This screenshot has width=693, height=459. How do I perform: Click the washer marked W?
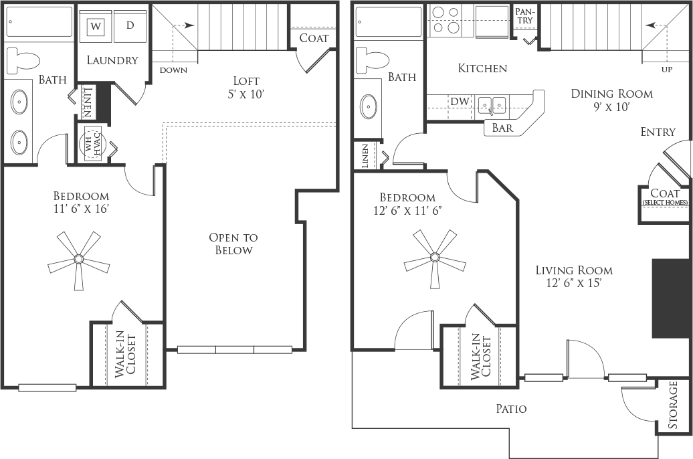pyautogui.click(x=96, y=27)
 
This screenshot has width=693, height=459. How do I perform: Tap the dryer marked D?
pyautogui.click(x=130, y=27)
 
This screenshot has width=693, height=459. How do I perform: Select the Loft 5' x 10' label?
pyautogui.click(x=246, y=87)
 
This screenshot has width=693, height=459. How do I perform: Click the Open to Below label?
pyautogui.click(x=233, y=244)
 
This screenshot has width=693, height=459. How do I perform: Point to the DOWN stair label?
pyautogui.click(x=173, y=70)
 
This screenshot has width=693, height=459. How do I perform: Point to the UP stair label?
pyautogui.click(x=667, y=70)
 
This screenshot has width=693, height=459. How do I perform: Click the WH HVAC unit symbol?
pyautogui.click(x=92, y=145)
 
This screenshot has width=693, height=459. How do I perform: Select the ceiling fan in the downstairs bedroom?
pyautogui.click(x=434, y=256)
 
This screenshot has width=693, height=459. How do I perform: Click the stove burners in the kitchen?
pyautogui.click(x=446, y=20)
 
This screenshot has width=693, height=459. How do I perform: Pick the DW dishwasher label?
pyautogui.click(x=460, y=101)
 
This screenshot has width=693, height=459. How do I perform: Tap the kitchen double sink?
pyautogui.click(x=492, y=105)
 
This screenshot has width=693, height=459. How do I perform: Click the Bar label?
pyautogui.click(x=502, y=128)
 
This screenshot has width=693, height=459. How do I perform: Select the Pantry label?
pyautogui.click(x=525, y=15)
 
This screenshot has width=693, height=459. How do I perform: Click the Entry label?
pyautogui.click(x=658, y=132)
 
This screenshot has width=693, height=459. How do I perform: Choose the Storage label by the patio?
pyautogui.click(x=673, y=405)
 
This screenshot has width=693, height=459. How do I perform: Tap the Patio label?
pyautogui.click(x=511, y=409)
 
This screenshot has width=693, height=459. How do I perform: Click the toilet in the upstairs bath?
pyautogui.click(x=23, y=60)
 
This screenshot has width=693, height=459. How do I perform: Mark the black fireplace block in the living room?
pyautogui.click(x=670, y=299)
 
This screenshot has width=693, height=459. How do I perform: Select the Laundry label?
pyautogui.click(x=112, y=60)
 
